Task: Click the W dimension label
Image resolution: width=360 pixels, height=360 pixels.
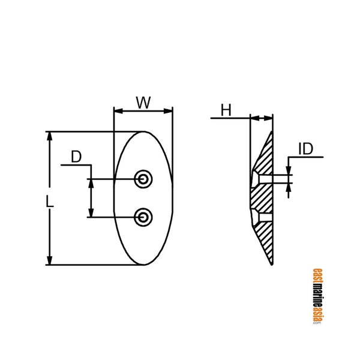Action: tap(143, 103)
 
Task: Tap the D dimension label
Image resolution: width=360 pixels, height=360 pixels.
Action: tap(76, 157)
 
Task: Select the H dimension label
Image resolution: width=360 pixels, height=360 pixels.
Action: tap(226, 110)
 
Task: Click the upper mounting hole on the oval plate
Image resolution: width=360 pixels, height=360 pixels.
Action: tap(143, 178)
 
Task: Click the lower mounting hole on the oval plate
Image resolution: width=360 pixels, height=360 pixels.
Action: tap(143, 217)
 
